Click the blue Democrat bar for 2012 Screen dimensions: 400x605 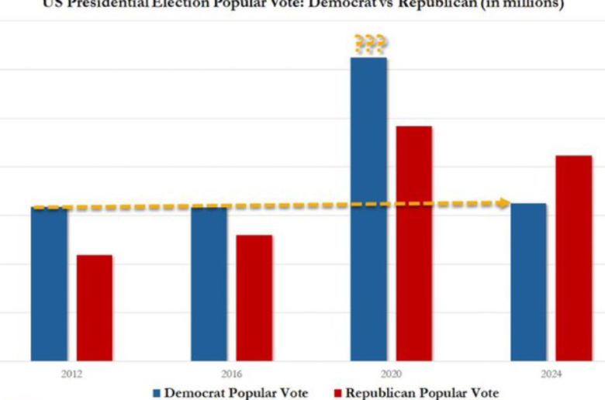point(50,284)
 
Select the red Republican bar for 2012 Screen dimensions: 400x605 point(95,308)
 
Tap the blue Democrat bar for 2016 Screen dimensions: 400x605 point(209,284)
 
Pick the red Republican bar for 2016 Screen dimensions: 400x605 point(254,298)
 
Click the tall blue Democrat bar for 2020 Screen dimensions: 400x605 point(368,209)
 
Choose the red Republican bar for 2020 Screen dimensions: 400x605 point(414,243)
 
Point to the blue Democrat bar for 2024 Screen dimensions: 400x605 point(528,282)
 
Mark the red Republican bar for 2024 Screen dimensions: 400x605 point(573,258)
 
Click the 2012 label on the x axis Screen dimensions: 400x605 point(72,373)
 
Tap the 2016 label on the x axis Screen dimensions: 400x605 point(232,373)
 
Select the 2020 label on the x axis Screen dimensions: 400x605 point(392,373)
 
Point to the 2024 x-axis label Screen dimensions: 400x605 point(551,373)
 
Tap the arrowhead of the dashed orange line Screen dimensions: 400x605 point(503,203)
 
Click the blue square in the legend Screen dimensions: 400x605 point(157,393)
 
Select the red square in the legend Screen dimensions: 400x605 point(338,393)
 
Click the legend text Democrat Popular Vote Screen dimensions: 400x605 point(236,393)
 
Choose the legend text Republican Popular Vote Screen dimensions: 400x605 point(423,393)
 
